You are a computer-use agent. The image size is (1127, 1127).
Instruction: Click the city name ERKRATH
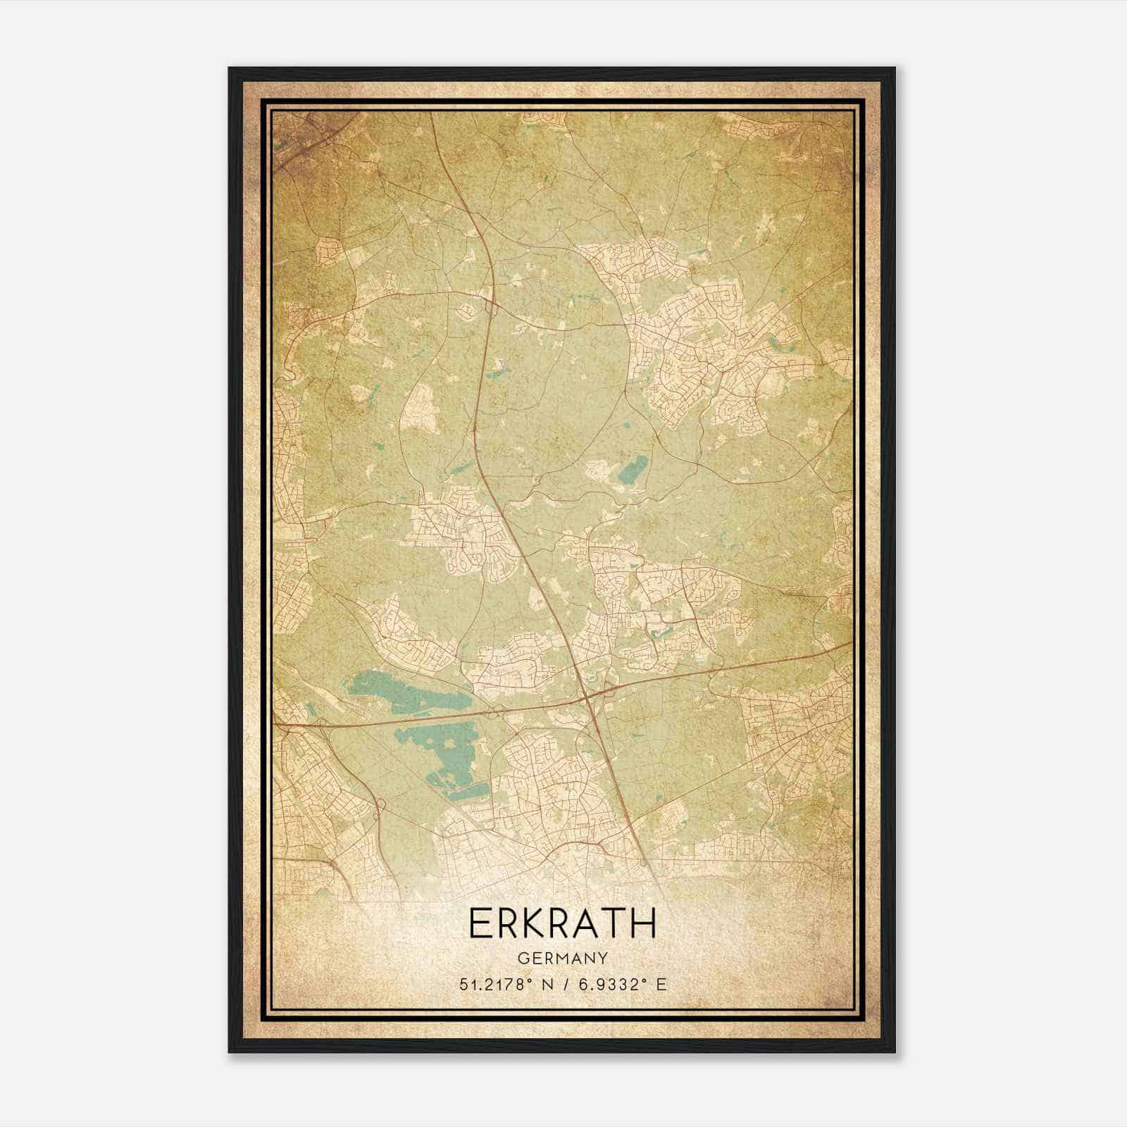coord(562,923)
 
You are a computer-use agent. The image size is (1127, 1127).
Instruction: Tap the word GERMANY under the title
coord(562,959)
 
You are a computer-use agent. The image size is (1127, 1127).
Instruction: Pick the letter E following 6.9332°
coord(660,985)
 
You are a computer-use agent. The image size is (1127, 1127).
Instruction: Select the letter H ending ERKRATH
coord(642,923)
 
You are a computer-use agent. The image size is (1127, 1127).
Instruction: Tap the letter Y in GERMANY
coord(603,959)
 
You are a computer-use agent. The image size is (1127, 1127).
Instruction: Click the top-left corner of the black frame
coord(230,68)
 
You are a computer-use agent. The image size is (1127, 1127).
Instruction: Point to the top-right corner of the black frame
coord(895,68)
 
